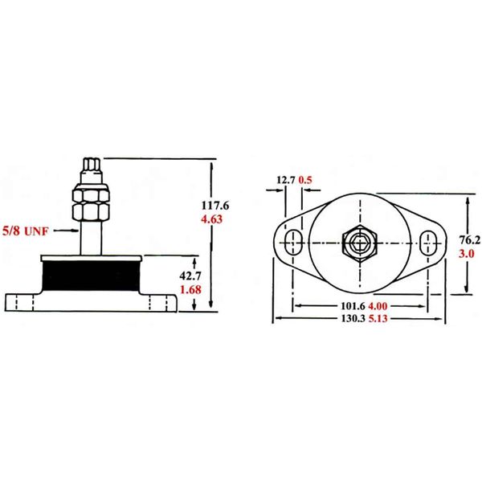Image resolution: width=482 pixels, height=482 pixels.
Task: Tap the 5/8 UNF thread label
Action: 27,230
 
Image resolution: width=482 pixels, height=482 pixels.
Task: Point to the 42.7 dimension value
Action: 189,275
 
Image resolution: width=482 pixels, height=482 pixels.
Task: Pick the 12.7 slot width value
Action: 285,180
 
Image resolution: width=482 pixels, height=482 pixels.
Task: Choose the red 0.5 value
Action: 306,180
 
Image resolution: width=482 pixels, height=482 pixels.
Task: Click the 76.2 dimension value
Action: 469,239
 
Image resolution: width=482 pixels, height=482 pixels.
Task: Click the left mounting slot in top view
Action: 293,240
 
